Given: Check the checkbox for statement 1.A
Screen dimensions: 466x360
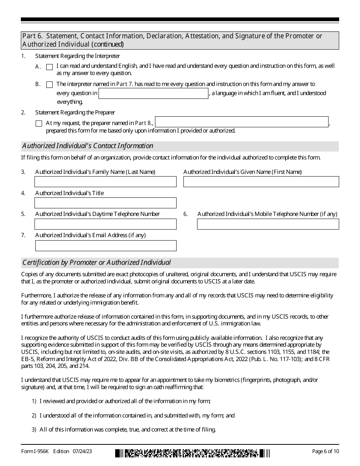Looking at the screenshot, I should pyautogui.click(x=49, y=67).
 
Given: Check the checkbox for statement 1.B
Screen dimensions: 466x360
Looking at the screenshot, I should pyautogui.click(x=49, y=85).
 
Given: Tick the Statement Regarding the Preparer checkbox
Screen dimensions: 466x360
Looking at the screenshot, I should pyautogui.click(x=39, y=124).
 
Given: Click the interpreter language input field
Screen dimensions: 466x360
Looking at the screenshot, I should pyautogui.click(x=153, y=94).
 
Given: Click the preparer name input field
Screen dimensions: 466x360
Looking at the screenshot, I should pyautogui.click(x=241, y=122).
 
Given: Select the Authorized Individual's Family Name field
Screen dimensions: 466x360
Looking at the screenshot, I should pyautogui.click(x=105, y=182).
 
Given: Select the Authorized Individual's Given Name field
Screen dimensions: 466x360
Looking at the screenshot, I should pyautogui.click(x=261, y=182).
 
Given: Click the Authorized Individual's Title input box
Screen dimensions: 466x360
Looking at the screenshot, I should pyautogui.click(x=105, y=203).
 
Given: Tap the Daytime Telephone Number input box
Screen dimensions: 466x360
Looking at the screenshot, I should pyautogui.click(x=105, y=224).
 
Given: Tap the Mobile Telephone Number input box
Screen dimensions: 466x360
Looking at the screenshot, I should pyautogui.click(x=268, y=224).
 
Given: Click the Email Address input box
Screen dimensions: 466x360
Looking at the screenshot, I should pyautogui.click(x=105, y=246).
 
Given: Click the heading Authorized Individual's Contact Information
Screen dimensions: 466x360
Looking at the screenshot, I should pyautogui.click(x=88, y=146).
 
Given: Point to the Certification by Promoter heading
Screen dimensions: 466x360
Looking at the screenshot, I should pyautogui.click(x=97, y=263).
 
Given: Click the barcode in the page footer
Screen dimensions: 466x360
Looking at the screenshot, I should pyautogui.click(x=193, y=453).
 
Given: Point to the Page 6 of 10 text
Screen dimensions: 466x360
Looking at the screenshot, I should pyautogui.click(x=325, y=451).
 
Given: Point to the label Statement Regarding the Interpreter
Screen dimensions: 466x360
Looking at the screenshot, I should pyautogui.click(x=77, y=56).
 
